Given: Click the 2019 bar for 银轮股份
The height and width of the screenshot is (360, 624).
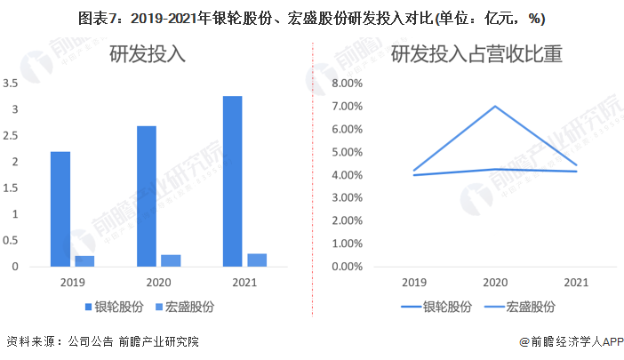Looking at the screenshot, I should pyautogui.click(x=60, y=209).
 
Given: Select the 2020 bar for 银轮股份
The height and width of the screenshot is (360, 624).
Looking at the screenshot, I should pyautogui.click(x=147, y=196).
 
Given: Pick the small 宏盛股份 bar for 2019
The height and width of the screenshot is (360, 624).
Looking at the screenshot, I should pyautogui.click(x=84, y=260).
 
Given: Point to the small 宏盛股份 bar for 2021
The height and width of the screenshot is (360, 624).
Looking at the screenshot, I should pyautogui.click(x=257, y=260).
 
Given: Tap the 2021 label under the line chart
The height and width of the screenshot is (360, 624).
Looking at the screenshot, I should pyautogui.click(x=576, y=283).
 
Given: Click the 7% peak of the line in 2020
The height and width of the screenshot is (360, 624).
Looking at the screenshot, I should pyautogui.click(x=494, y=107).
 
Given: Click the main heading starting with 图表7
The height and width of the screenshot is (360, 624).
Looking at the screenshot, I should pyautogui.click(x=312, y=18).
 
